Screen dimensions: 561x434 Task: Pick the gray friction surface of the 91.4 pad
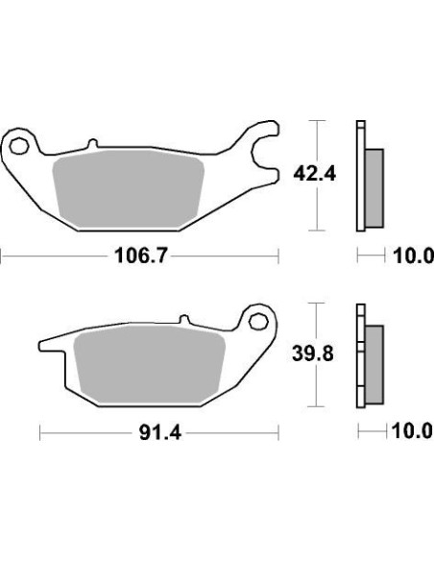click(x=149, y=361)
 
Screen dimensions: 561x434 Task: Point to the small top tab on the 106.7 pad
click(x=92, y=146)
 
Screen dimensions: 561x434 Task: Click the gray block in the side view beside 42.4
click(x=374, y=186)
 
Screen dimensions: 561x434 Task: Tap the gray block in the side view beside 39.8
click(x=374, y=362)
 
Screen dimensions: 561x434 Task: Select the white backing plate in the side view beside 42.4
click(x=361, y=178)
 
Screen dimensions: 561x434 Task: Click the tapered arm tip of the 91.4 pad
click(x=44, y=346)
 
